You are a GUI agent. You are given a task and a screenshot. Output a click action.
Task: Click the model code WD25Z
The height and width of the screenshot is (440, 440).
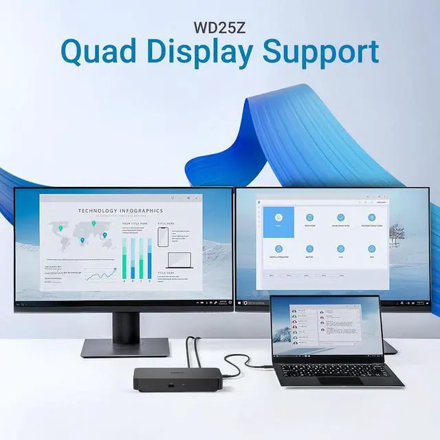[x=220, y=30]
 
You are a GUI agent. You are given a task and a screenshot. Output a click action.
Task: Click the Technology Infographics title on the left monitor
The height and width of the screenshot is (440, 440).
[x=120, y=211]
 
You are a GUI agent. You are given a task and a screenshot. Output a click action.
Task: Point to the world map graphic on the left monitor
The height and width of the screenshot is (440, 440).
[x=78, y=234]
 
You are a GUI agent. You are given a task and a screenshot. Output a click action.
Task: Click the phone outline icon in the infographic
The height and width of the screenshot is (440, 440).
[x=162, y=237]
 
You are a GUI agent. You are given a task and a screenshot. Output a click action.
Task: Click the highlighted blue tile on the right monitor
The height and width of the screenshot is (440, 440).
[x=278, y=222]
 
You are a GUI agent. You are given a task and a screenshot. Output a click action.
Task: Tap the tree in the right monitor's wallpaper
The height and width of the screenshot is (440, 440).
[x=397, y=234]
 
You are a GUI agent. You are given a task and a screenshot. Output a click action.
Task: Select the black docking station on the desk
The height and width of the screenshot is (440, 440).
[x=177, y=379]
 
